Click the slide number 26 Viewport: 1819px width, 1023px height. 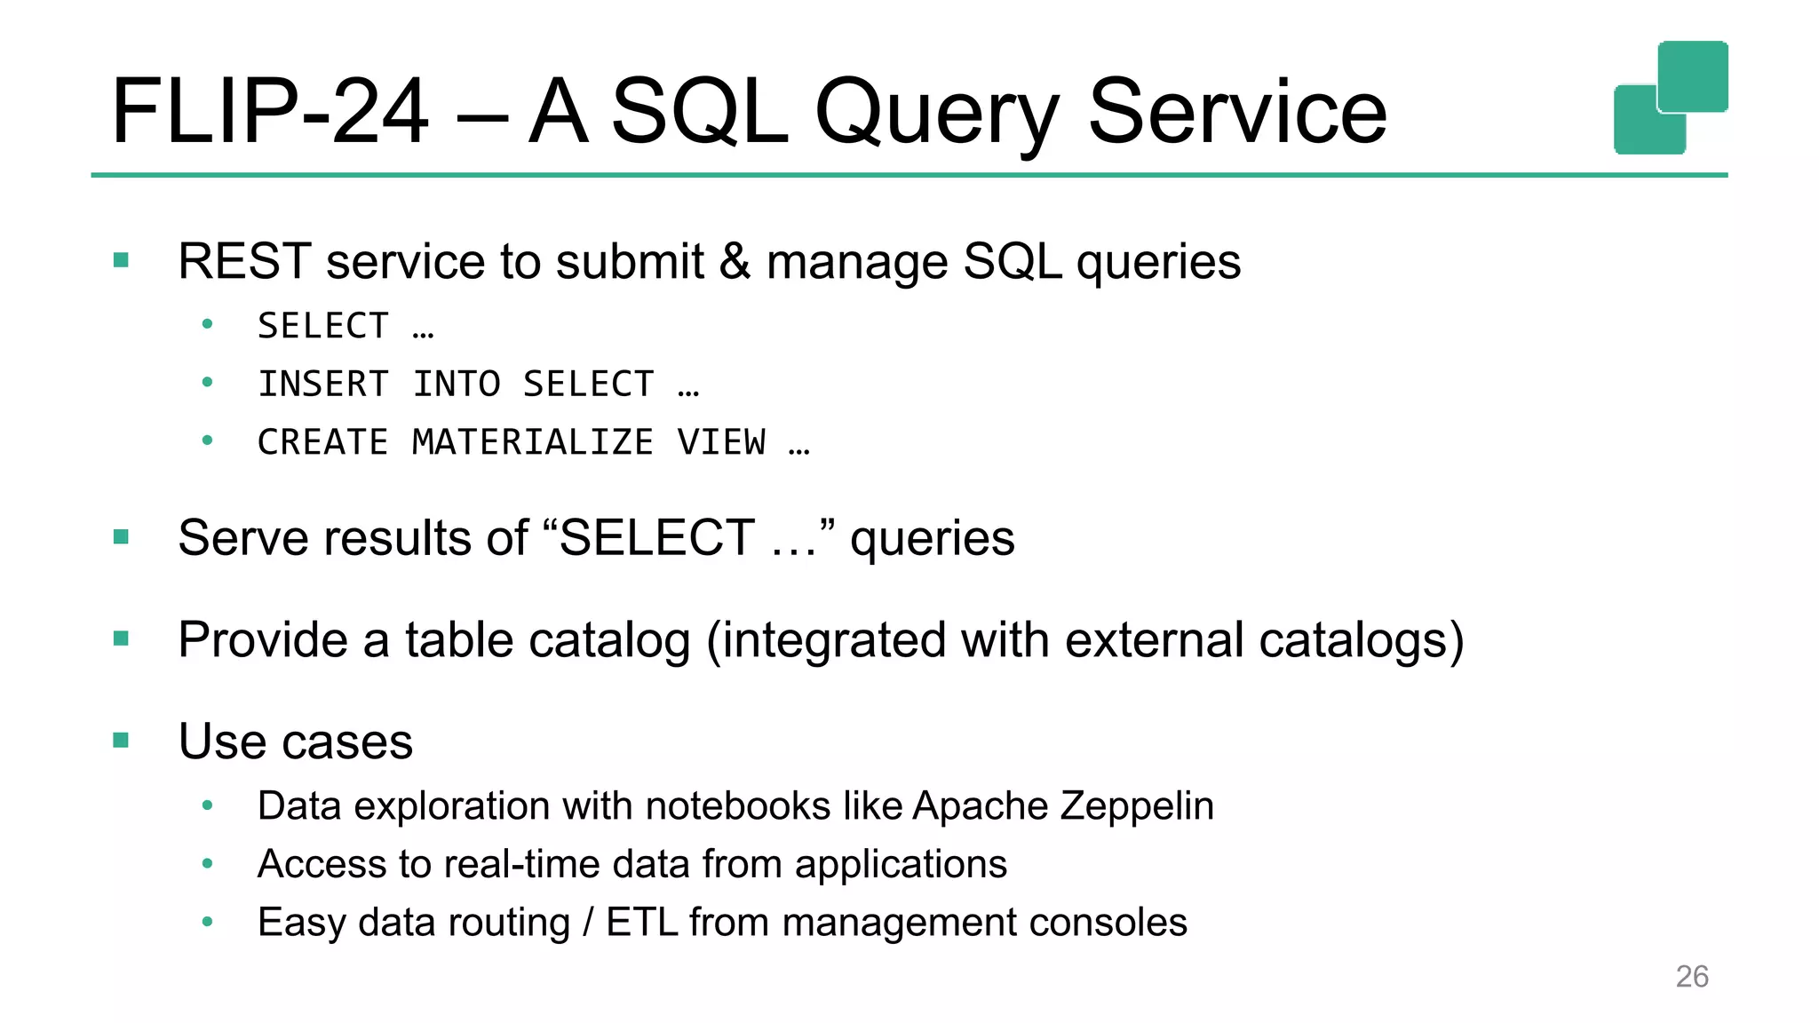coord(1691,976)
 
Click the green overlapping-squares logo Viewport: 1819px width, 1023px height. coord(1670,98)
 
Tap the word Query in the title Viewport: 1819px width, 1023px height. coord(937,114)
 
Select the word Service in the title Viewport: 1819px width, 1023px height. coord(1236,112)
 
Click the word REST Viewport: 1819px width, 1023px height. coord(244,261)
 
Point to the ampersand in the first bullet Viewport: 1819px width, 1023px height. coord(735,261)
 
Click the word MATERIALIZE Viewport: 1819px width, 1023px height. coord(533,442)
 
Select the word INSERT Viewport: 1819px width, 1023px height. coord(323,385)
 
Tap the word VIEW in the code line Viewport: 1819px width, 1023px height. coord(721,442)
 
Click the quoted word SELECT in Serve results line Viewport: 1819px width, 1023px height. coord(657,537)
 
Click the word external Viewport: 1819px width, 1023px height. coord(1154,639)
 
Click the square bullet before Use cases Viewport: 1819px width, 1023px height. coord(122,740)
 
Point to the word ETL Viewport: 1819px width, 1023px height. coord(643,922)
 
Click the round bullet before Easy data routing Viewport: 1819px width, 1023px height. coord(207,922)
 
